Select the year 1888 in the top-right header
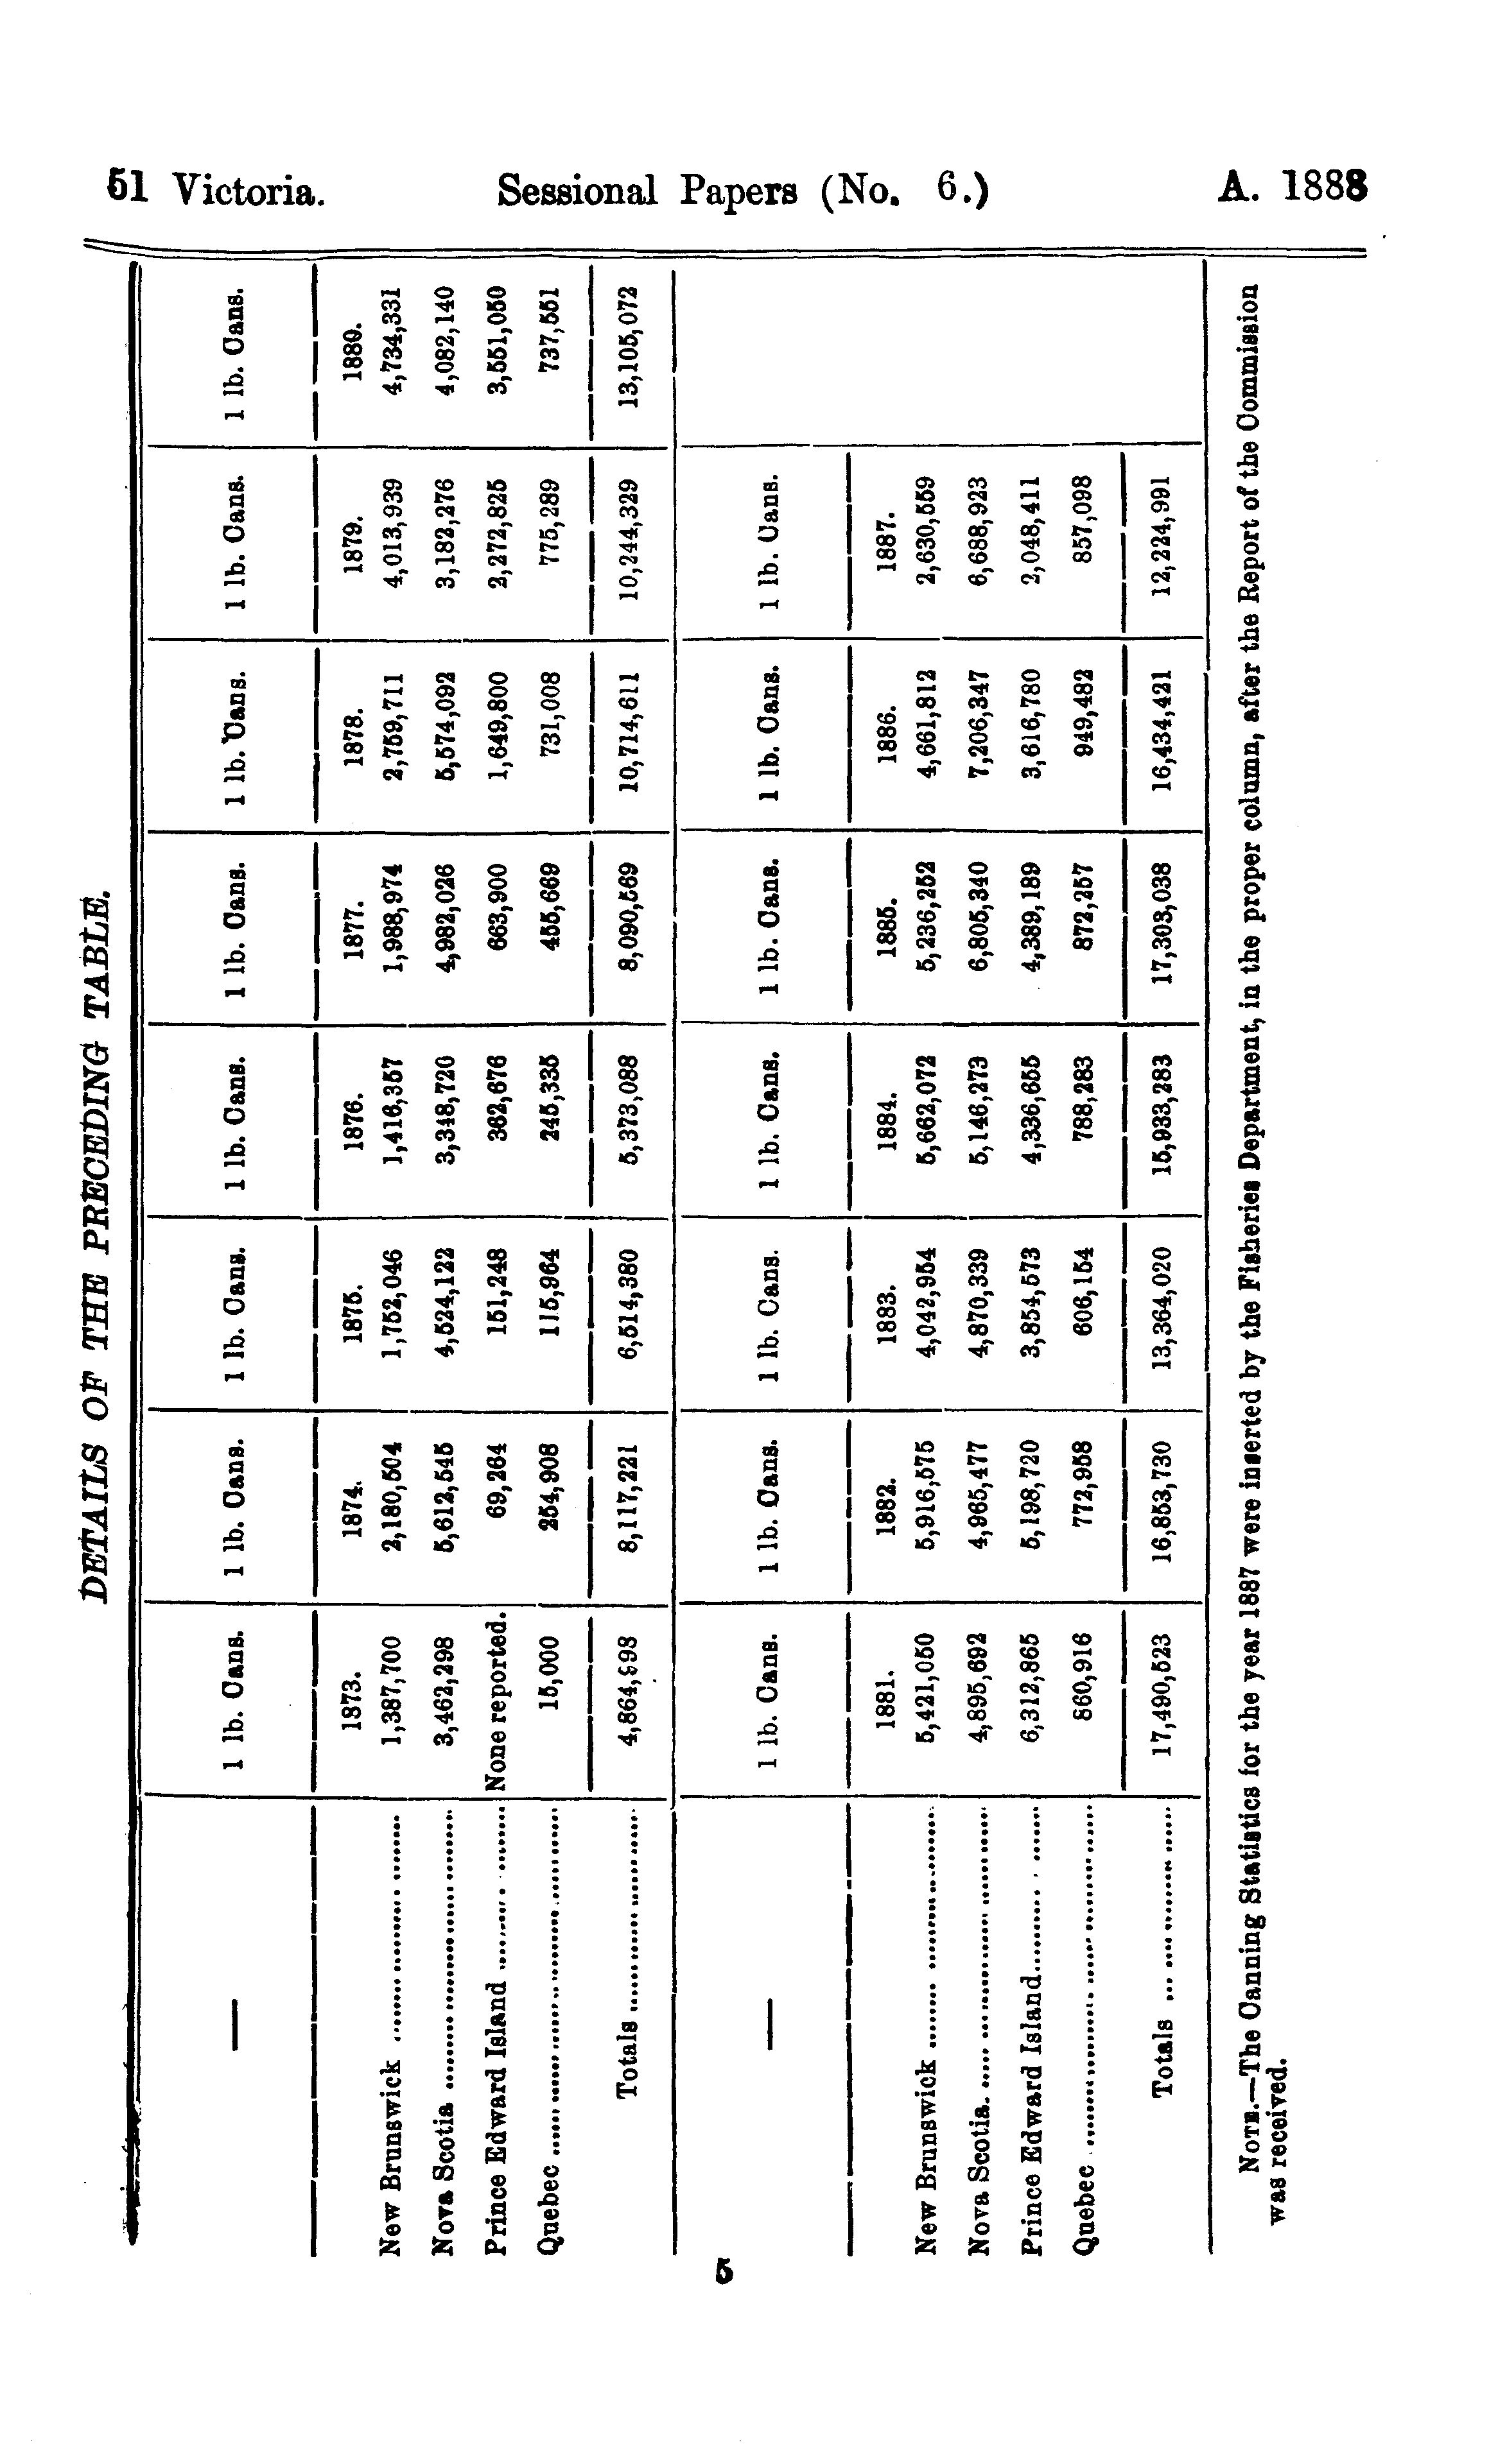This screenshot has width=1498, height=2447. (x=1325, y=187)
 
